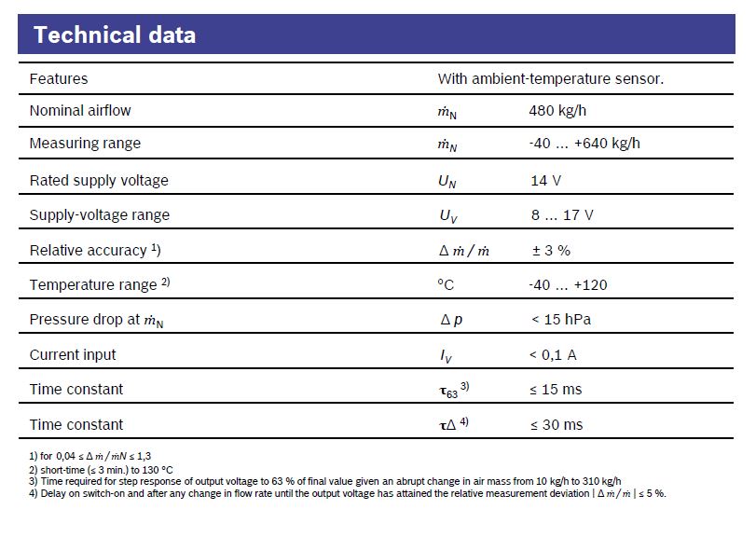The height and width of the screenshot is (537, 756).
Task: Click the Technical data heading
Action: pyautogui.click(x=115, y=35)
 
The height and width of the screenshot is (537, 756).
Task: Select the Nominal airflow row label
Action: pyautogui.click(x=80, y=110)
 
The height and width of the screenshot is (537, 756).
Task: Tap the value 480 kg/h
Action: pyautogui.click(x=557, y=110)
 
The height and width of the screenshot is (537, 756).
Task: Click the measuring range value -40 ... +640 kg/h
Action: pyautogui.click(x=584, y=144)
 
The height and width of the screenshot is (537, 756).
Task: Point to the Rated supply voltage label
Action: pyautogui.click(x=99, y=180)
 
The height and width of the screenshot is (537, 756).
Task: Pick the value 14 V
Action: pyautogui.click(x=545, y=180)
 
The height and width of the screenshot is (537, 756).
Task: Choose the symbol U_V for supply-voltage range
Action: pyautogui.click(x=448, y=215)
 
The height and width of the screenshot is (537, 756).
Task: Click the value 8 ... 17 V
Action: pyautogui.click(x=562, y=214)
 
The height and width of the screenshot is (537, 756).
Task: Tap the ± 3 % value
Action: pyautogui.click(x=551, y=250)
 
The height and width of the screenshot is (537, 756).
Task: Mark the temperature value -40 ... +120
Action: pyautogui.click(x=568, y=284)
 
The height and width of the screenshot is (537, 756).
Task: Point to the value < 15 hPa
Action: pyautogui.click(x=561, y=320)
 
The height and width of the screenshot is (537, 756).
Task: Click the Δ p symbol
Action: pyautogui.click(x=451, y=320)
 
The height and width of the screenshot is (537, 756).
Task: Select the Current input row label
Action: pyautogui.click(x=73, y=354)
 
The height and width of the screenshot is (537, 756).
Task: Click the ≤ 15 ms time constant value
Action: pyautogui.click(x=557, y=389)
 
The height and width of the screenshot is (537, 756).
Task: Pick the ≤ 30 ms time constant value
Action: pyautogui.click(x=557, y=424)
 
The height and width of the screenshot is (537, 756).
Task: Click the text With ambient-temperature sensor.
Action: pyautogui.click(x=551, y=79)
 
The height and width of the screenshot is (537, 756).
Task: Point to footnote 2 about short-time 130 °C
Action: pyautogui.click(x=102, y=469)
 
